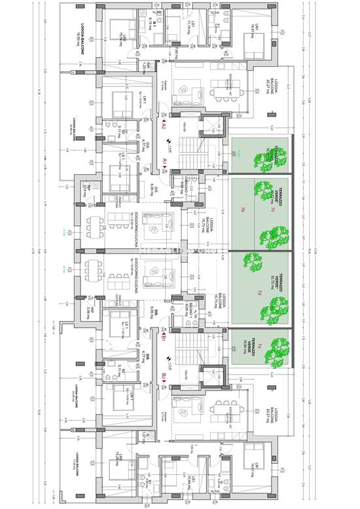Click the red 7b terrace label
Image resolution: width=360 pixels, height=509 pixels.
pos(242,210)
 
